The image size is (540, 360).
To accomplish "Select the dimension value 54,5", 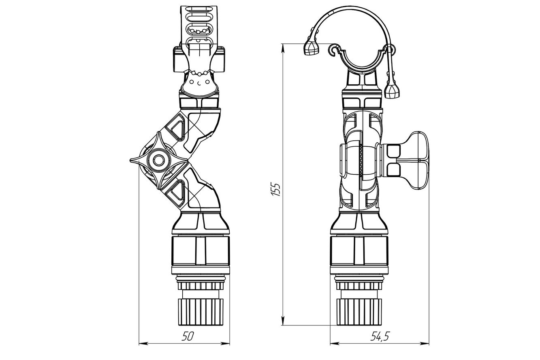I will coord(380,336).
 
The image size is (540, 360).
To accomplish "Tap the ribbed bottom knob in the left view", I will coord(201,311).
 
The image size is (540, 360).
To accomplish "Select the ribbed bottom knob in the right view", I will coord(359,311).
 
